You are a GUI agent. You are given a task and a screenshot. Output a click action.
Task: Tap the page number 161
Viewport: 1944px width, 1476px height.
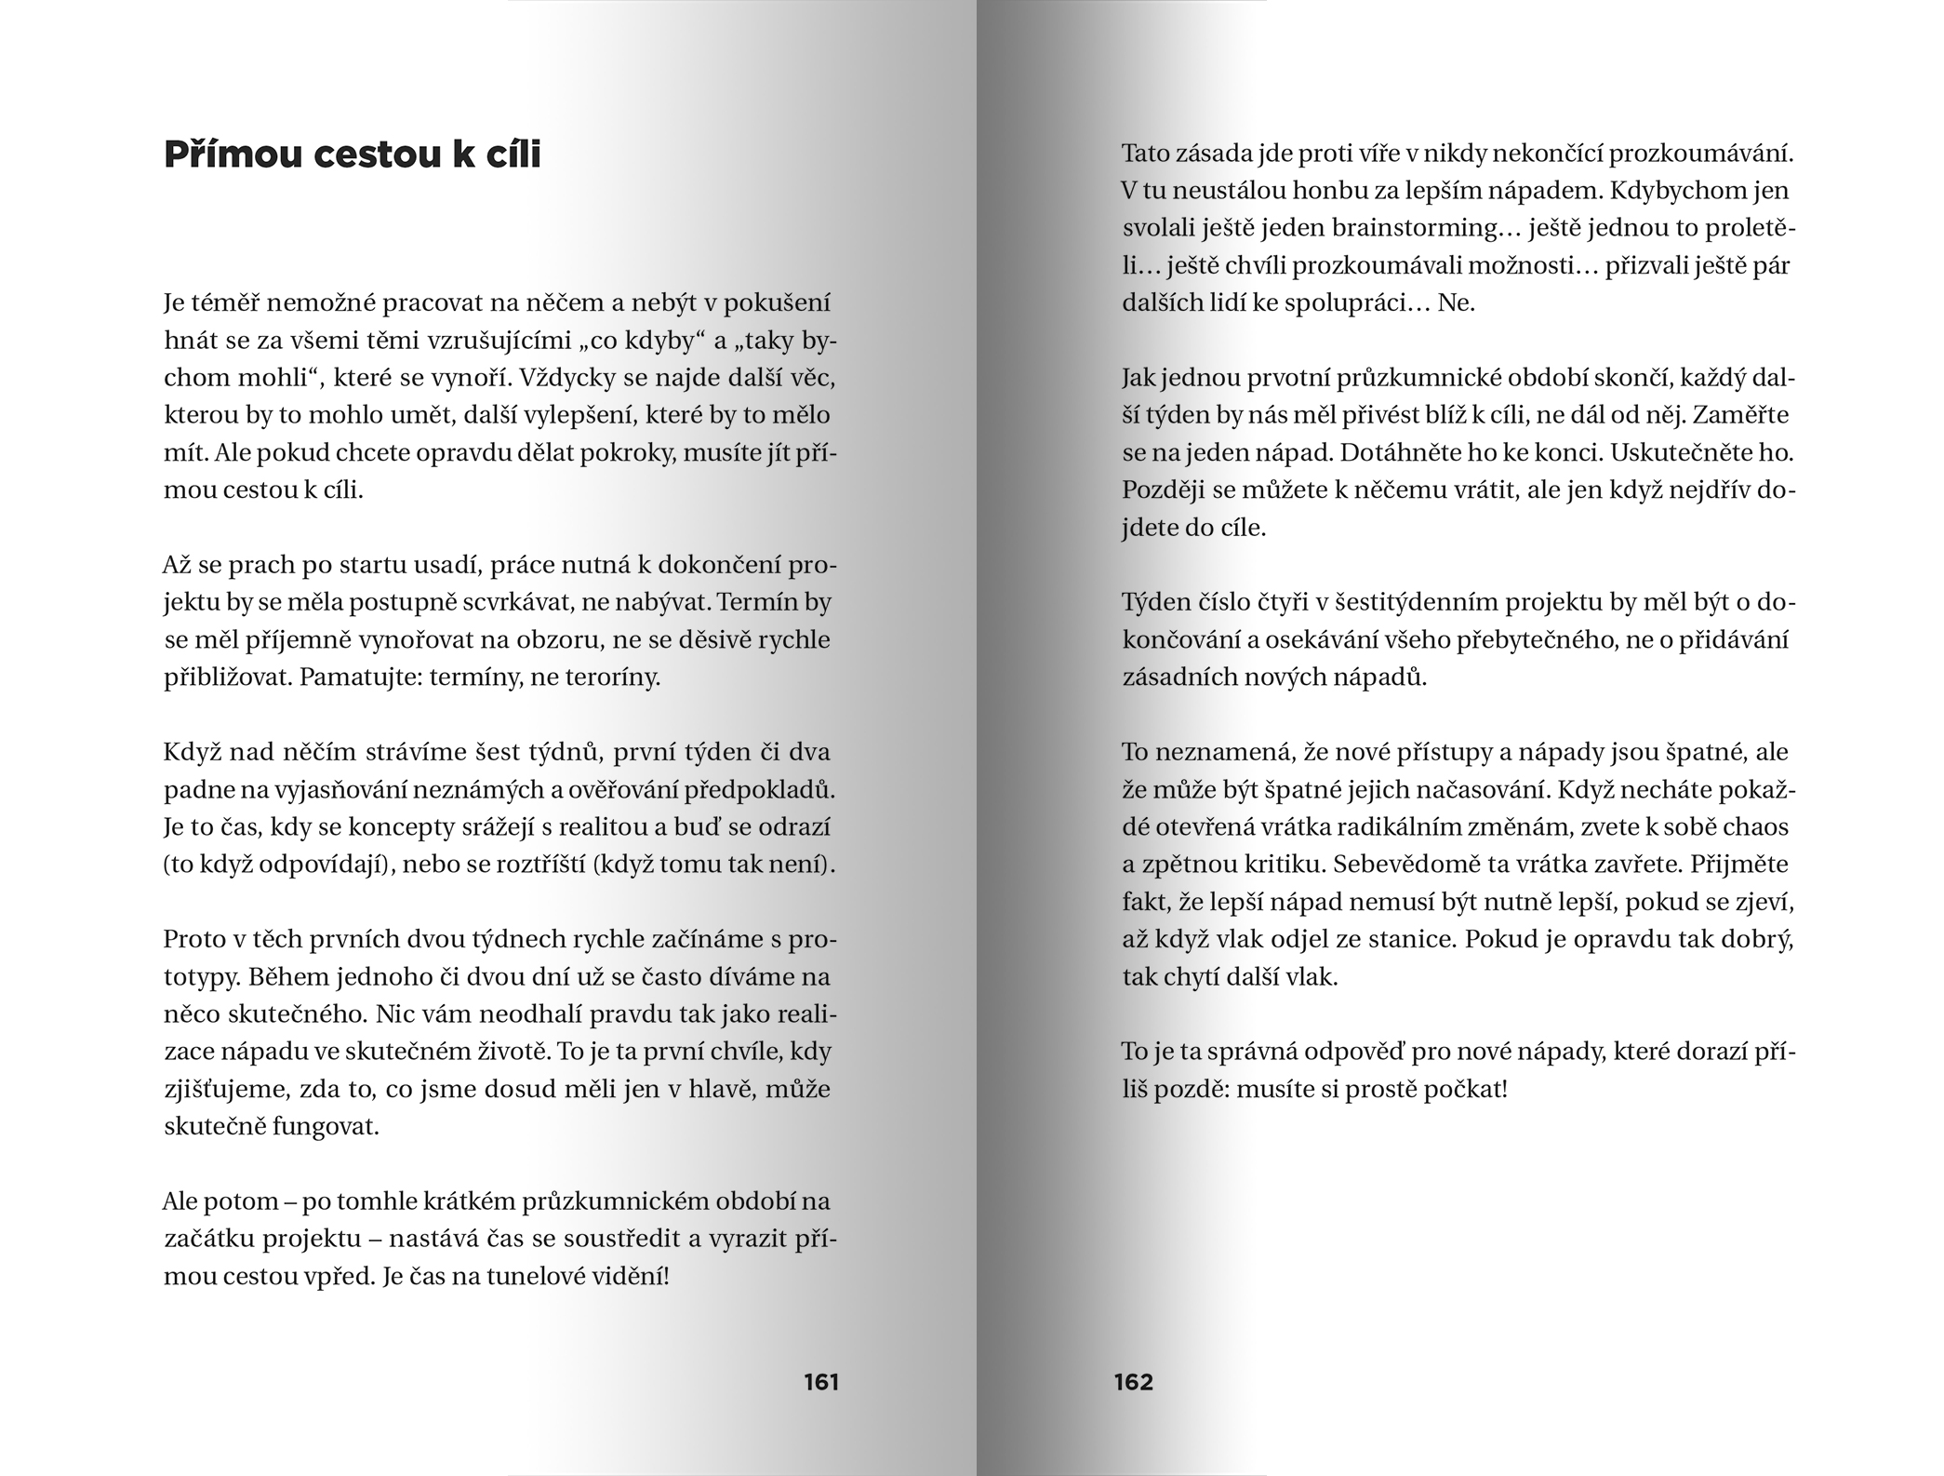(x=821, y=1382)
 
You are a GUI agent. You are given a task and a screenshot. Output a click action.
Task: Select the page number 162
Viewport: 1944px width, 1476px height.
(x=1133, y=1382)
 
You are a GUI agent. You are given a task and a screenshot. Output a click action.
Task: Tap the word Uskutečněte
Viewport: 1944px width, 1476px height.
(x=1687, y=452)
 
